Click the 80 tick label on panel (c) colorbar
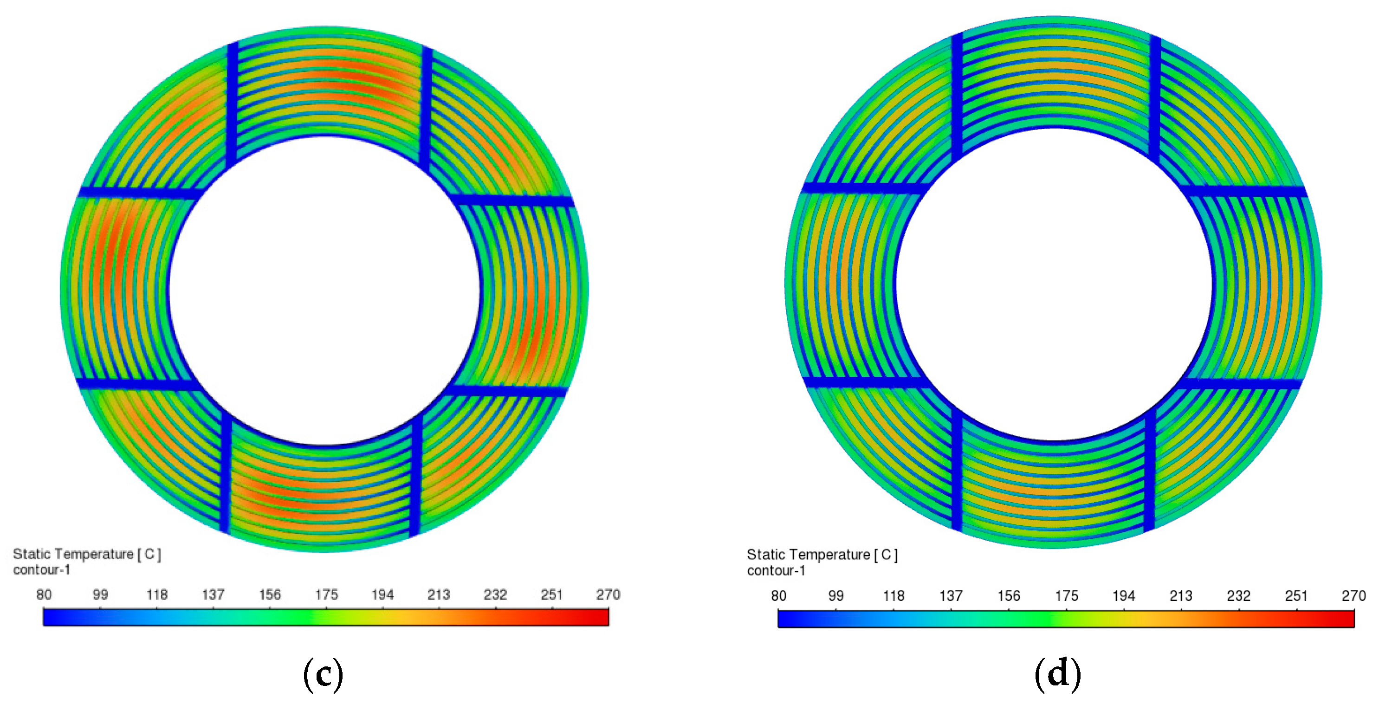pos(44,594)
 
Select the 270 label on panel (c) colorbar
pos(608,594)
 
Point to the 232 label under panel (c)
pos(495,594)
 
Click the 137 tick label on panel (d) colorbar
pos(951,596)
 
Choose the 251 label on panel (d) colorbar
pos(1296,596)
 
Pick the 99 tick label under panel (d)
pos(835,596)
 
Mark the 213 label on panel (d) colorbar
pos(1181,596)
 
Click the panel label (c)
pos(323,674)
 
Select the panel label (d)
pos(1058,674)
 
